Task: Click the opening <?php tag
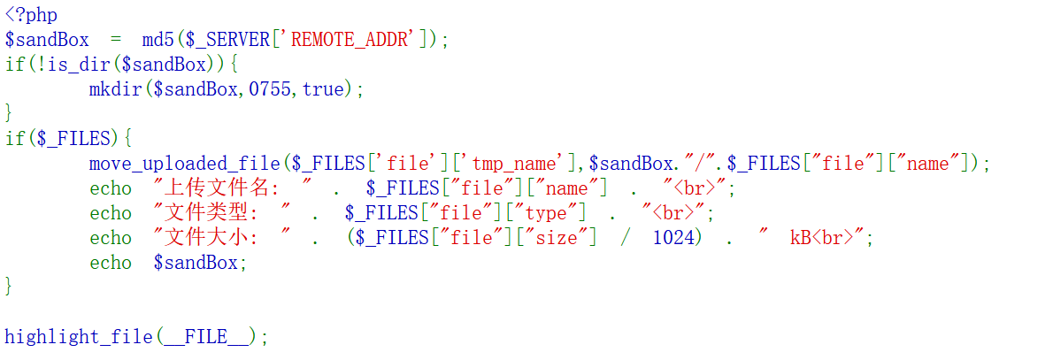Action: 31,15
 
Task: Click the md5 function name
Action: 158,41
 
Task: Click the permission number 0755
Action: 269,90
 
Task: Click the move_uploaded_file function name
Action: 185,165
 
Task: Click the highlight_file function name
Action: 79,336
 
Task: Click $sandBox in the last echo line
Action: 196,264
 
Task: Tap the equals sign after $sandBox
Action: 116,41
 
